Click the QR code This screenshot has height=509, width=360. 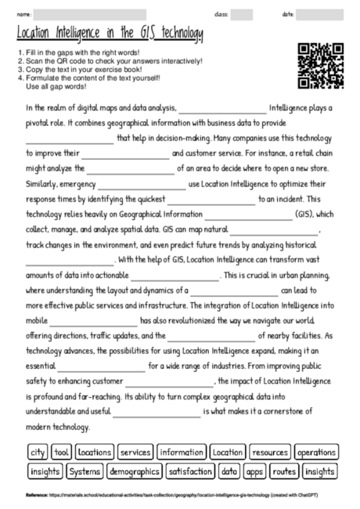point(322,67)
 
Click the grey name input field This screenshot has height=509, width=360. point(90,14)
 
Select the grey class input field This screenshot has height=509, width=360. point(241,14)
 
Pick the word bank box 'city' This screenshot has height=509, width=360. point(37,453)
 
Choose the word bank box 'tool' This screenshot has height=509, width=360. point(63,453)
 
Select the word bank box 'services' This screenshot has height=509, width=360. point(135,453)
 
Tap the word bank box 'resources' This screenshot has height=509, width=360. point(271,453)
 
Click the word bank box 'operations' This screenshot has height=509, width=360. point(316,453)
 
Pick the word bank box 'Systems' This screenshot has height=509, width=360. point(84,471)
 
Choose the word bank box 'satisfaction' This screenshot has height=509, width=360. point(190,471)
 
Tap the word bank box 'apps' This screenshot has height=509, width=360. point(254,471)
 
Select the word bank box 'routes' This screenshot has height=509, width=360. point(285,471)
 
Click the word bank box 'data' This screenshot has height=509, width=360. point(229,471)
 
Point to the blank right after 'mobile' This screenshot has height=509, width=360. point(92,320)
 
